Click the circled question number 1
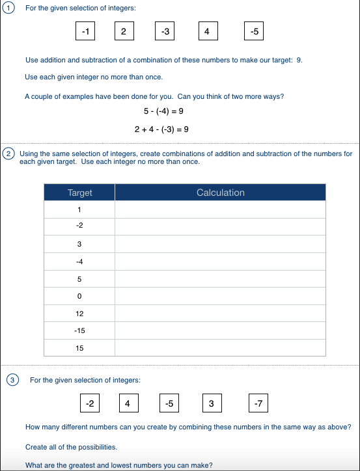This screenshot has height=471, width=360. pyautogui.click(x=7, y=8)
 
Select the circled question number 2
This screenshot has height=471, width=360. pyautogui.click(x=8, y=154)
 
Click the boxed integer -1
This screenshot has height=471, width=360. pyautogui.click(x=85, y=31)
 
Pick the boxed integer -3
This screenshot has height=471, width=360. pyautogui.click(x=165, y=31)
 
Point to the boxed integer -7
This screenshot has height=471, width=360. pyautogui.click(x=258, y=403)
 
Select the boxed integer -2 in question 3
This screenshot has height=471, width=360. pyautogui.click(x=90, y=403)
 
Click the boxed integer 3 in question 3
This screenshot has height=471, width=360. pyautogui.click(x=211, y=403)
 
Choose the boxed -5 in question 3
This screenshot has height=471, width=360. pyautogui.click(x=169, y=403)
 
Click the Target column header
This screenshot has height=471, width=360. pyautogui.click(x=79, y=193)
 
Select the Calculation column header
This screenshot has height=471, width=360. pyautogui.click(x=220, y=193)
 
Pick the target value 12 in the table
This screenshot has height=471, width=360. pyautogui.click(x=79, y=314)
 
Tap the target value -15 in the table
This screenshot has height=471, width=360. pyautogui.click(x=79, y=330)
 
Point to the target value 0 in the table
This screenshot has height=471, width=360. pyautogui.click(x=79, y=296)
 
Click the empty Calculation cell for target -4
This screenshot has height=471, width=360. pyautogui.click(x=220, y=262)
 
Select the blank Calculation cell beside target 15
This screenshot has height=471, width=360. pyautogui.click(x=220, y=348)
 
